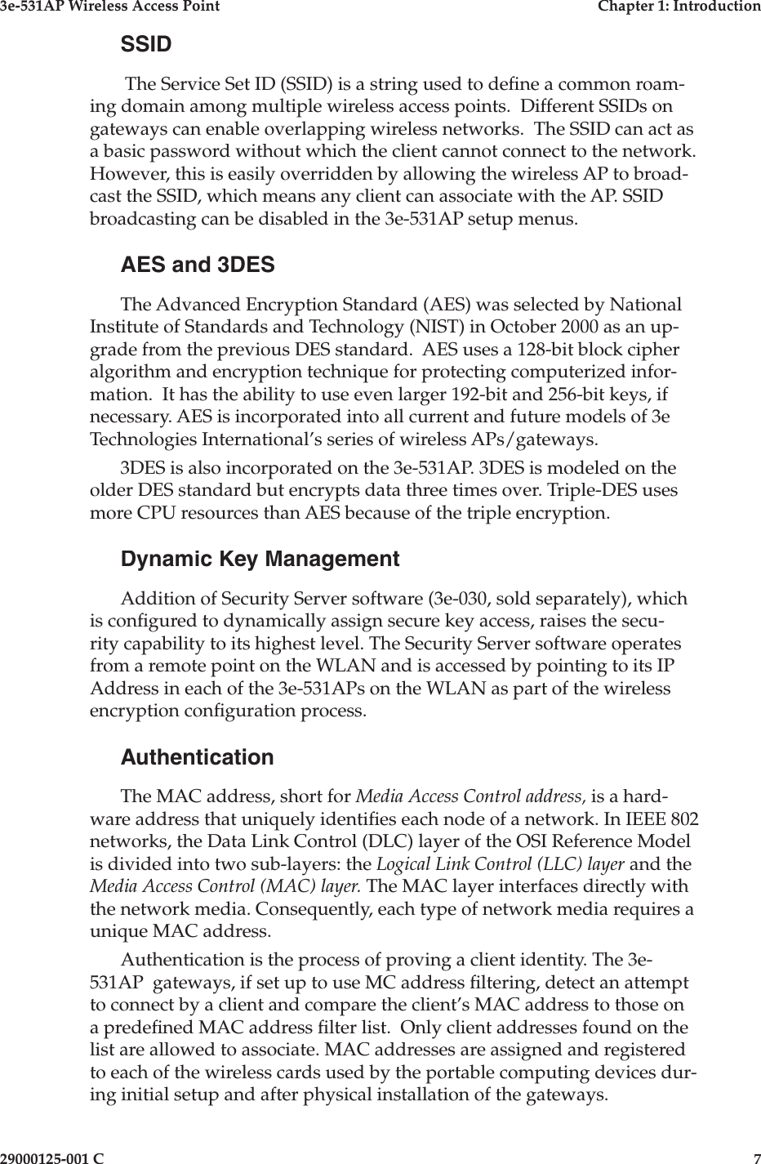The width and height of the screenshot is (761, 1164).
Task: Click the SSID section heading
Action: [x=146, y=44]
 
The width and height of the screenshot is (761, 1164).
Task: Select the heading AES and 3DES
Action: [x=198, y=265]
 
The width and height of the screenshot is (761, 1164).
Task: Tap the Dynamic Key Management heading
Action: [x=260, y=560]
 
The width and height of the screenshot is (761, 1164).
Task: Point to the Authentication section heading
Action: [x=197, y=757]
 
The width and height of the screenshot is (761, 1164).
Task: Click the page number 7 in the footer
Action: [x=756, y=1157]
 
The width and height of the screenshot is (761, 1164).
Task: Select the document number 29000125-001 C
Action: [x=52, y=1157]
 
